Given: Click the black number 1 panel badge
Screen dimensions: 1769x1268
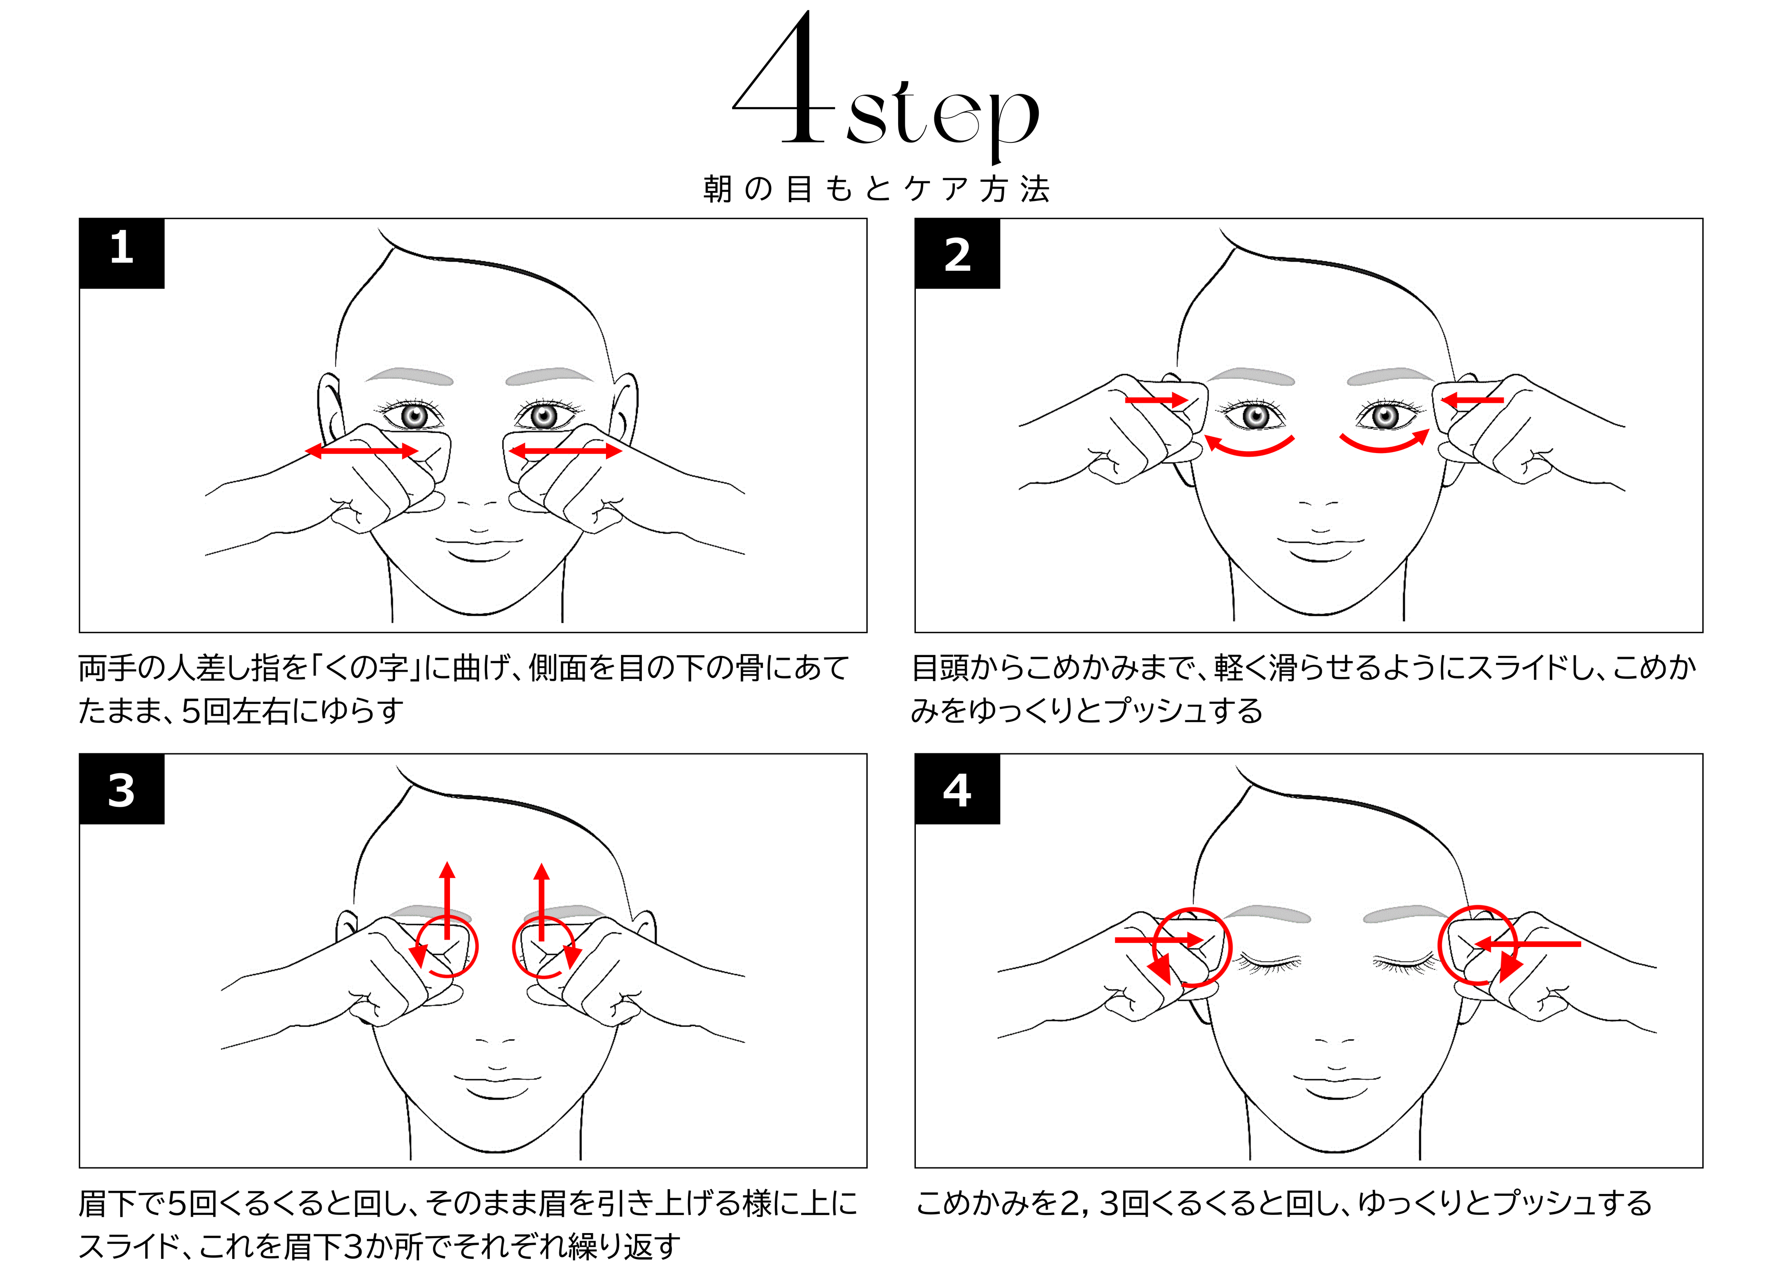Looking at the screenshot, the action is [122, 254].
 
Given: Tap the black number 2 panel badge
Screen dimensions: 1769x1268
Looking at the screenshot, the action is [957, 254].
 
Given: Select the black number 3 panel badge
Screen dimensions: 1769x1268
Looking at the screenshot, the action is [122, 788].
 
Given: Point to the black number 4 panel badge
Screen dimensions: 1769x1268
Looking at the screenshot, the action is [957, 788].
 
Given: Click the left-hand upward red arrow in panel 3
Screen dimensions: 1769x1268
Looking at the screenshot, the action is [447, 901].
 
